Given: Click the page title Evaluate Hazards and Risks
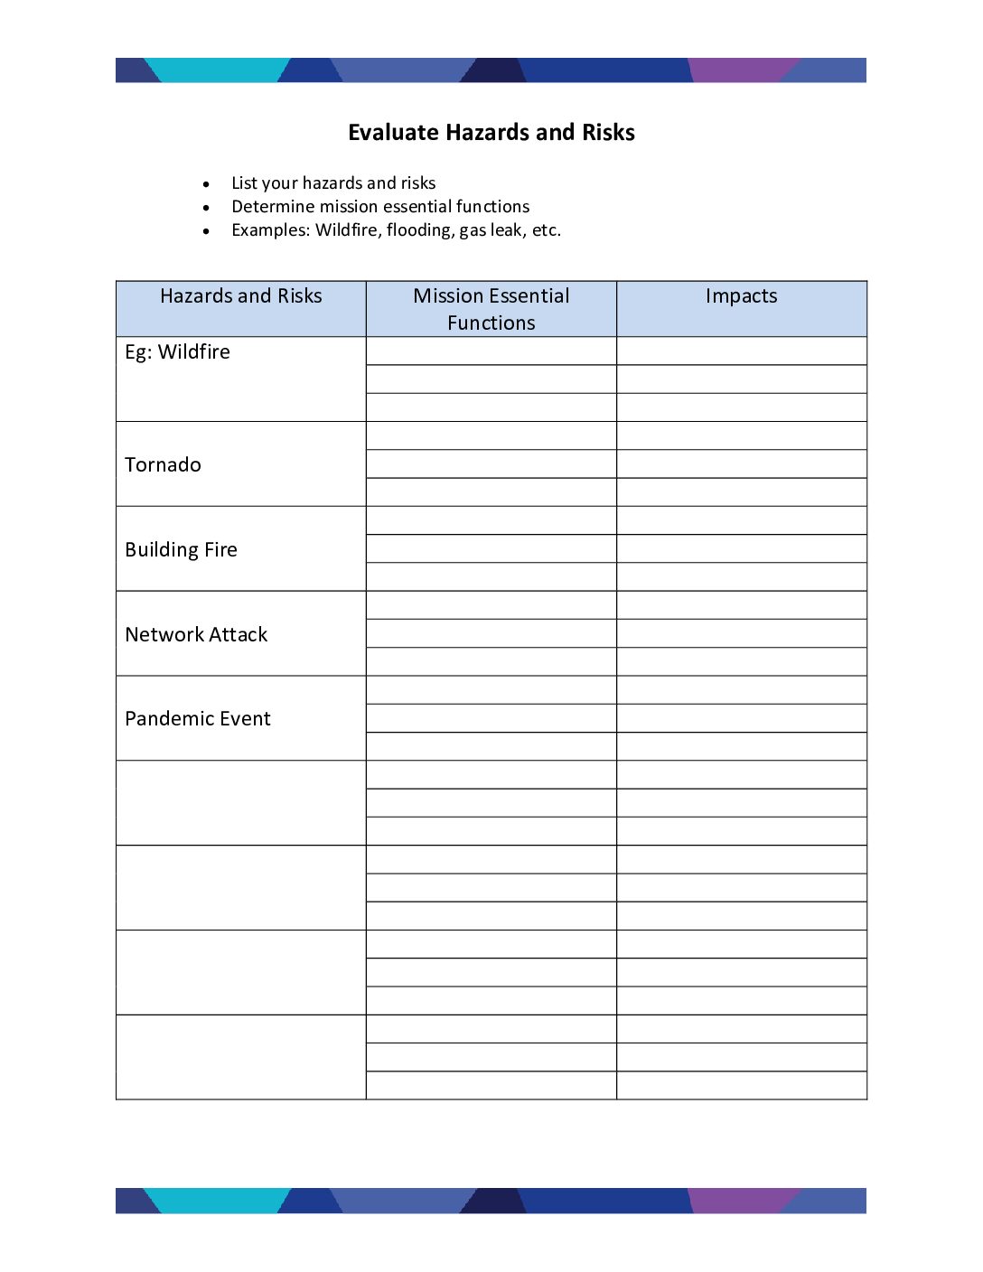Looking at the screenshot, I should [491, 133].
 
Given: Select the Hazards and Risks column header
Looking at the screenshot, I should [240, 296].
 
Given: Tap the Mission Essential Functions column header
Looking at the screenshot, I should [491, 309].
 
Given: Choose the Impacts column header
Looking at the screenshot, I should [741, 296].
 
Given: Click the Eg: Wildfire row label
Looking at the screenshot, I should [177, 352].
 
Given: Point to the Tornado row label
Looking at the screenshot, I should [163, 465].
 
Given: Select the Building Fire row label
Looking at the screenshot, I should [181, 550].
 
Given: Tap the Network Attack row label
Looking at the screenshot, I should [196, 635].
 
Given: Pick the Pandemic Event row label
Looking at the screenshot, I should [197, 719].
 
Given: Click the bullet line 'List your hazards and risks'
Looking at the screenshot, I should [332, 183].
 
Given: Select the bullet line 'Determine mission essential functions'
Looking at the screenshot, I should [379, 207].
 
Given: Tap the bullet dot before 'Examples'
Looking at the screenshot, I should [207, 231].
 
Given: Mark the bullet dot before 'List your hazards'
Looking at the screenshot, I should [207, 184].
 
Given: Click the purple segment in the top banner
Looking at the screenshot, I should [741, 70].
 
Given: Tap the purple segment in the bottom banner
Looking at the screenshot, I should [741, 1201].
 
